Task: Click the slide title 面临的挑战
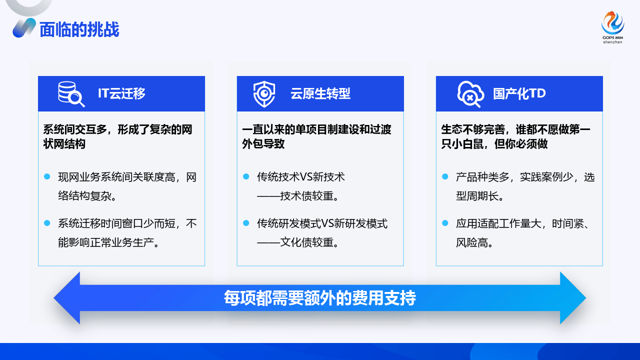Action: pyautogui.click(x=79, y=29)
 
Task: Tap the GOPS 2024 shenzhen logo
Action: pyautogui.click(x=612, y=27)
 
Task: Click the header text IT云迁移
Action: pyautogui.click(x=121, y=93)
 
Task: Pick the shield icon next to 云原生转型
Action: pyautogui.click(x=263, y=93)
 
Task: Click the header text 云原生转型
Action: pyautogui.click(x=320, y=93)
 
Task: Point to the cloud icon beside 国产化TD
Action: pyautogui.click(x=470, y=93)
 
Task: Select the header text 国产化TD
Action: pyautogui.click(x=519, y=93)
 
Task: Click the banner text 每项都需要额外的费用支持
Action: pyautogui.click(x=320, y=298)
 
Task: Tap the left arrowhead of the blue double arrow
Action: pyautogui.click(x=67, y=298)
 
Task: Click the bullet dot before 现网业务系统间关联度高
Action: pyautogui.click(x=47, y=176)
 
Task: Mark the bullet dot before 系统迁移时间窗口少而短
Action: pyautogui.click(x=47, y=222)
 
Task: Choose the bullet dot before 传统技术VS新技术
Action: pyautogui.click(x=246, y=176)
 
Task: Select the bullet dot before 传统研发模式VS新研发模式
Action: pyautogui.click(x=246, y=222)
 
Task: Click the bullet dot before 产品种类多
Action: pyautogui.click(x=445, y=176)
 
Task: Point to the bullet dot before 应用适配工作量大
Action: pyautogui.click(x=445, y=222)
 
